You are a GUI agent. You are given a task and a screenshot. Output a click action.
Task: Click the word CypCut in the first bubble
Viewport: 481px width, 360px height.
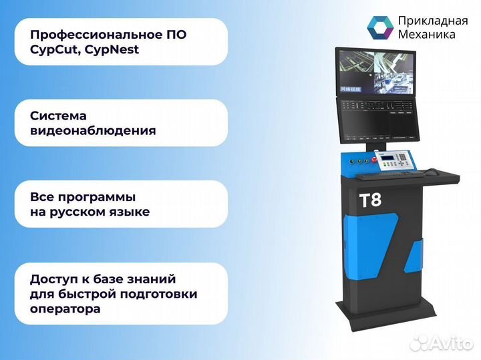[x=51, y=49]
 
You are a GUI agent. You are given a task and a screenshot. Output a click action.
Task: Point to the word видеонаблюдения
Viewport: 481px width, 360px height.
[x=93, y=131]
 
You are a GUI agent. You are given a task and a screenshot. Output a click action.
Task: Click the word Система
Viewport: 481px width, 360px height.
[x=58, y=116]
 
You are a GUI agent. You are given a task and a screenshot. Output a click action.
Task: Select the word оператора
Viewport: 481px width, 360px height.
[x=65, y=309]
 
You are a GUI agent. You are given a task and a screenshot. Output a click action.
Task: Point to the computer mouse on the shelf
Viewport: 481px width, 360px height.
[x=432, y=172]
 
